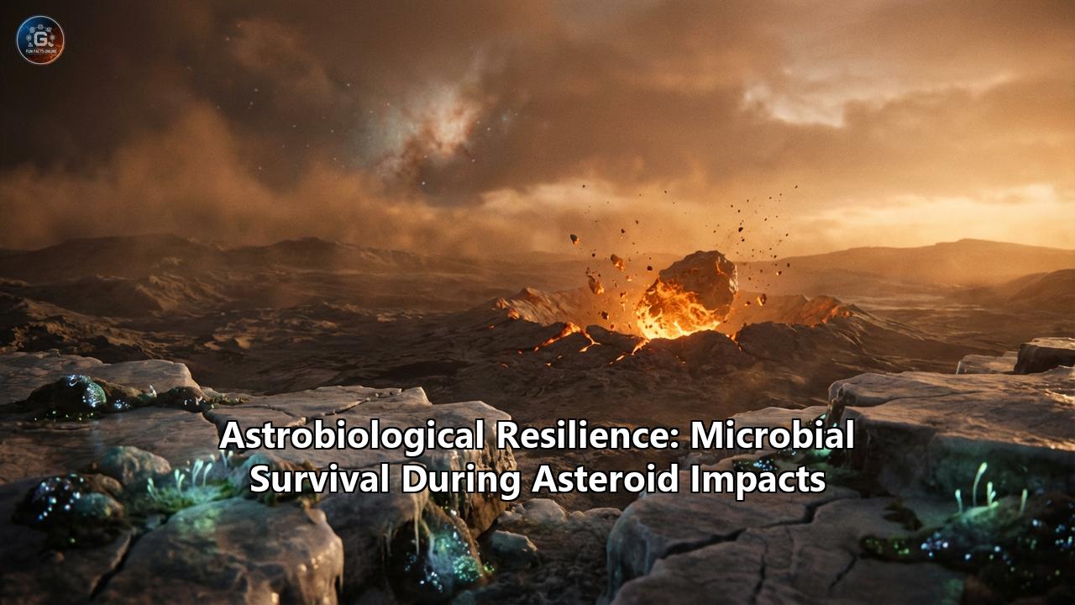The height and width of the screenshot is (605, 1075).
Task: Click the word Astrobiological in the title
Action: coord(351,436)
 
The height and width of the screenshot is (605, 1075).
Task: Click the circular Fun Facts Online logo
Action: coord(40,39)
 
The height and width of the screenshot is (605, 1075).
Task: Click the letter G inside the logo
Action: coord(40,35)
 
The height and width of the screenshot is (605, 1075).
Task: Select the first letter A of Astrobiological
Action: coord(230,436)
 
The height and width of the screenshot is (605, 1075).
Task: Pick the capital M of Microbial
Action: coord(705,436)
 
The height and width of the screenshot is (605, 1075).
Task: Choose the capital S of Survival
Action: coord(260,479)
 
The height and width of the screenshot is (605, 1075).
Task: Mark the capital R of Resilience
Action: coord(506,436)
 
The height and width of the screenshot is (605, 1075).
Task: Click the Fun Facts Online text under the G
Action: coord(40,53)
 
